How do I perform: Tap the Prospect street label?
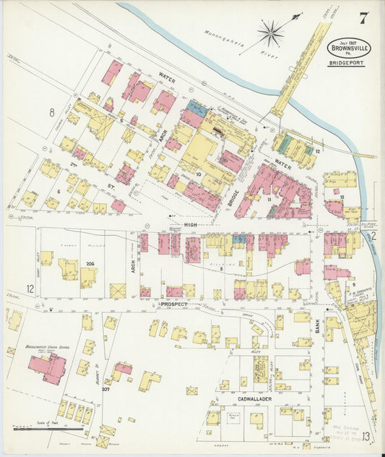pyautogui.click(x=173, y=304)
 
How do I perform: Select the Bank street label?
pyautogui.click(x=318, y=329)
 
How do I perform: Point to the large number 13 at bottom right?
pyautogui.click(x=368, y=435)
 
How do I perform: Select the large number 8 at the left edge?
pyautogui.click(x=52, y=112)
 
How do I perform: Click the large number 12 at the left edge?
pyautogui.click(x=30, y=289)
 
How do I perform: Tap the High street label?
pyautogui.click(x=191, y=226)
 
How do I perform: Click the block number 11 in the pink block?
pyautogui.click(x=268, y=197)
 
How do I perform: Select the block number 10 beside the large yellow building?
pyautogui.click(x=197, y=154)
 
